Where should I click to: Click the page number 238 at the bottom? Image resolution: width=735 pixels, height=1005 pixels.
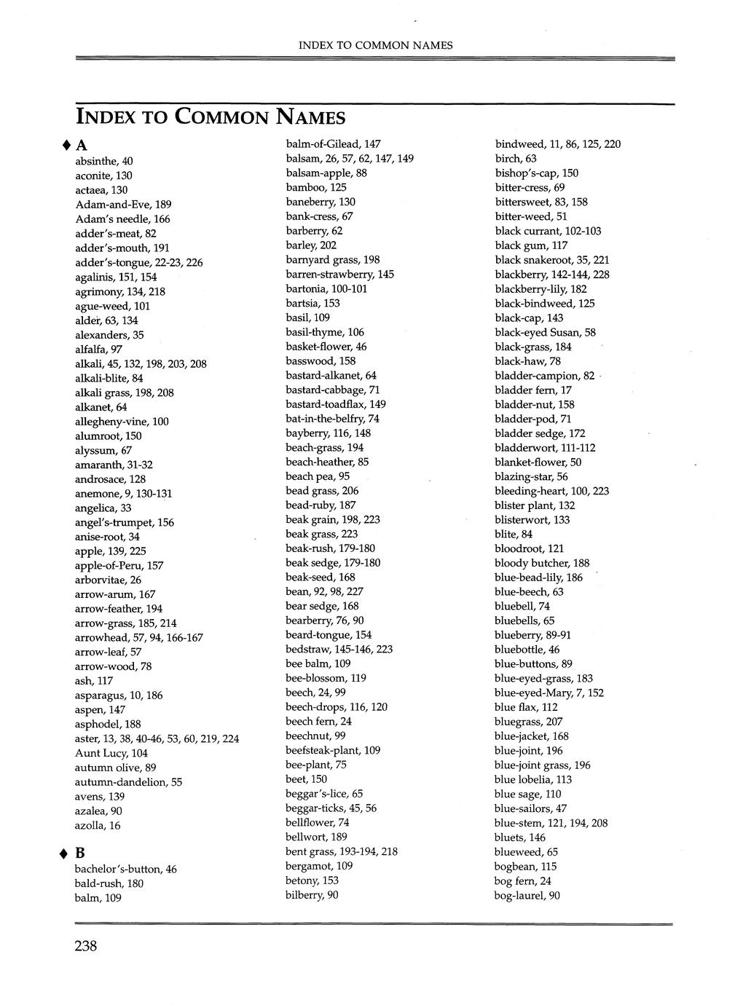pyautogui.click(x=85, y=946)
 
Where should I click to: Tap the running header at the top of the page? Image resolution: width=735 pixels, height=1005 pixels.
pyautogui.click(x=375, y=45)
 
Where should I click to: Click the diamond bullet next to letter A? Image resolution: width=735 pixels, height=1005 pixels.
pyautogui.click(x=66, y=144)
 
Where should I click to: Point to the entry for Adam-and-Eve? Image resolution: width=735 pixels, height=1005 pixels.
pyautogui.click(x=123, y=204)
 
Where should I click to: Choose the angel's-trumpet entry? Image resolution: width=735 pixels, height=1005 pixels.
pyautogui.click(x=125, y=522)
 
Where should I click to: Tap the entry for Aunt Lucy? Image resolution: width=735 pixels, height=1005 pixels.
pyautogui.click(x=111, y=753)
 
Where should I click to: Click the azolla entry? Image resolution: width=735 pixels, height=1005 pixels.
pyautogui.click(x=98, y=825)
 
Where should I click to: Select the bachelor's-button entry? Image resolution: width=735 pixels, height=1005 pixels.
pyautogui.click(x=125, y=869)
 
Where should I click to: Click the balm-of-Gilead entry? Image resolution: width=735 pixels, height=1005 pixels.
pyautogui.click(x=333, y=144)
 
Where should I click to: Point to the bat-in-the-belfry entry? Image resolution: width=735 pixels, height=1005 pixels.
pyautogui.click(x=332, y=419)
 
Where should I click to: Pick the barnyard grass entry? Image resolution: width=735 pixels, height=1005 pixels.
pyautogui.click(x=332, y=260)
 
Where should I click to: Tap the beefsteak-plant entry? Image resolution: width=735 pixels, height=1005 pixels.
pyautogui.click(x=333, y=750)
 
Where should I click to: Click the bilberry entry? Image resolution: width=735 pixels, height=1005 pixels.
pyautogui.click(x=312, y=895)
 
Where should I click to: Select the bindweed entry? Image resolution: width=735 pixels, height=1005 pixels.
pyautogui.click(x=557, y=144)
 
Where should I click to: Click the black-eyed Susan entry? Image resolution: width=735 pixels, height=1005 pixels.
pyautogui.click(x=545, y=332)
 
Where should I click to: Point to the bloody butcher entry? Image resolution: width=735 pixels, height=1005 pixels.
pyautogui.click(x=542, y=563)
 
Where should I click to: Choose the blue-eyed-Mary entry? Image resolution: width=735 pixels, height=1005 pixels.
pyautogui.click(x=549, y=693)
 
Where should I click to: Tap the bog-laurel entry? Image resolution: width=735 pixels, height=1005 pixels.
pyautogui.click(x=527, y=895)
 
